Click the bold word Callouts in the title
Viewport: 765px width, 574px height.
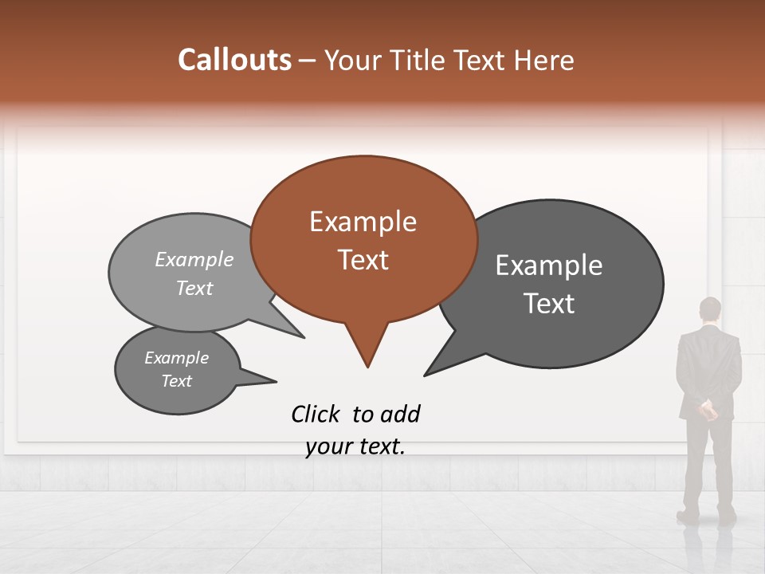pyautogui.click(x=234, y=60)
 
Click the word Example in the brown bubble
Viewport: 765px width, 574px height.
pyautogui.click(x=363, y=222)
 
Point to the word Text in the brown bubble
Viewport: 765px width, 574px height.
pyautogui.click(x=363, y=260)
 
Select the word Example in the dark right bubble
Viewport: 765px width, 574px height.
pyautogui.click(x=549, y=265)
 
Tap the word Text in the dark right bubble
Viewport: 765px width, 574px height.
pyautogui.click(x=549, y=304)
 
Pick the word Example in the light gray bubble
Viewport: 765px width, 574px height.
pyautogui.click(x=194, y=260)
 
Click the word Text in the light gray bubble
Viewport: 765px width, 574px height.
pyautogui.click(x=194, y=288)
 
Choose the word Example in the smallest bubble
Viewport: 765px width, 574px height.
pyautogui.click(x=176, y=358)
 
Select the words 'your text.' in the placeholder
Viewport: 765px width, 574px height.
pyautogui.click(x=355, y=446)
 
